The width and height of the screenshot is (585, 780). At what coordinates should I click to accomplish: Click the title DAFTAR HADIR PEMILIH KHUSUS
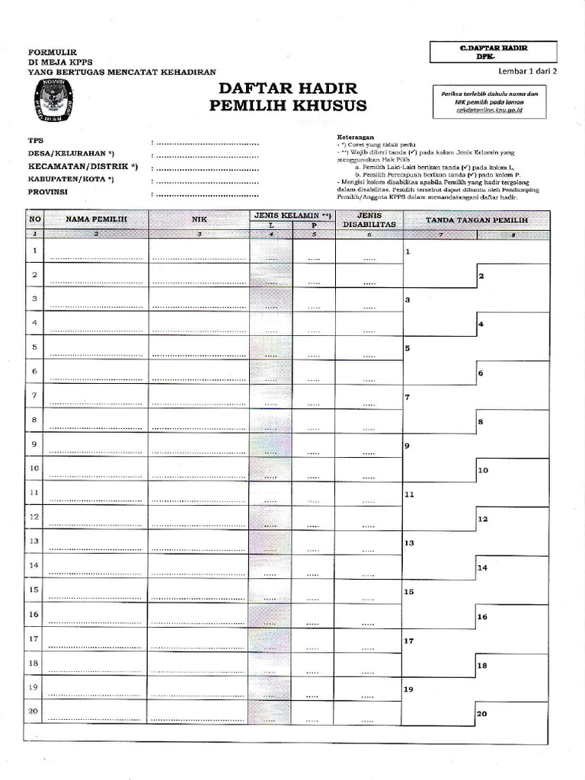[287, 97]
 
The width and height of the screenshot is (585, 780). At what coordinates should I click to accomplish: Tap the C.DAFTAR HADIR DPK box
[493, 52]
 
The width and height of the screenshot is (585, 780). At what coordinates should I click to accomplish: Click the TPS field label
[36, 141]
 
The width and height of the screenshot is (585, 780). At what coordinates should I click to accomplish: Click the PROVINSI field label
[48, 192]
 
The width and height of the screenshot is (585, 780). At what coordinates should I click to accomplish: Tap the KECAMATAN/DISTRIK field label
[83, 166]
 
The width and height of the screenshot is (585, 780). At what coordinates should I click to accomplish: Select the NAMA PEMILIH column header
[97, 219]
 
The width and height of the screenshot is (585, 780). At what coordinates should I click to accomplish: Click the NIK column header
[199, 219]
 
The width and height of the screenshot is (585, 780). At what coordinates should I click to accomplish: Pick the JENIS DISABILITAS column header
[369, 219]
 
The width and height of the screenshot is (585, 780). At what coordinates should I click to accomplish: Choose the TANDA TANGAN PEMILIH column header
[475, 219]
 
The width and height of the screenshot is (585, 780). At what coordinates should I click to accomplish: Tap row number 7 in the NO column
[34, 396]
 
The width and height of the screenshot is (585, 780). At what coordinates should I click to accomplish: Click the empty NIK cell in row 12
[199, 518]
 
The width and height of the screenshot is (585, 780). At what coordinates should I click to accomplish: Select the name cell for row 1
[97, 251]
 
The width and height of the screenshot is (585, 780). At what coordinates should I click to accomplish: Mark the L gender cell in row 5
[270, 347]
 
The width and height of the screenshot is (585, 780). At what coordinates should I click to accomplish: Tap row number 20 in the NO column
[34, 711]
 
